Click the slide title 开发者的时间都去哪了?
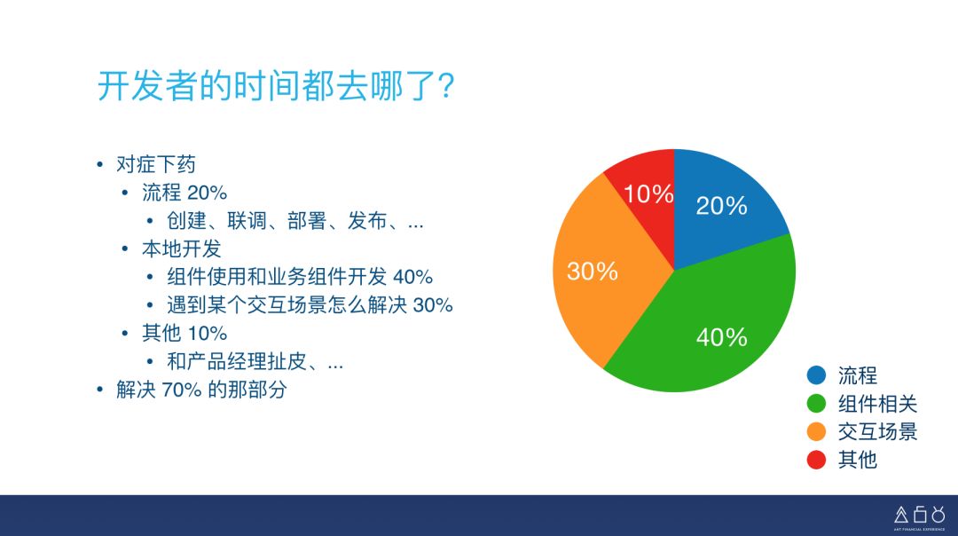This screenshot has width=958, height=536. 276,87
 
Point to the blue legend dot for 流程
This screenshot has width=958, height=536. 816,376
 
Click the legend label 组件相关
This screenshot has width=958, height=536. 877,405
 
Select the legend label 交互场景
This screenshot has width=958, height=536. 877,432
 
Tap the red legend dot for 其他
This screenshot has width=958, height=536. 816,460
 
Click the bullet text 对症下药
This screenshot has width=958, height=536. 156,165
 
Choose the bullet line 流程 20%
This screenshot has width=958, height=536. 185,193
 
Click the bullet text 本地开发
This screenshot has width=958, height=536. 181,248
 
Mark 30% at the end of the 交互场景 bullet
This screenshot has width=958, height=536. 433,305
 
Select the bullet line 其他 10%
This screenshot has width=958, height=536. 185,333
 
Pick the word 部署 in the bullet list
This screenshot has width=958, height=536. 307,221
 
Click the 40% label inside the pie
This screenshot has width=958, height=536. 721,337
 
